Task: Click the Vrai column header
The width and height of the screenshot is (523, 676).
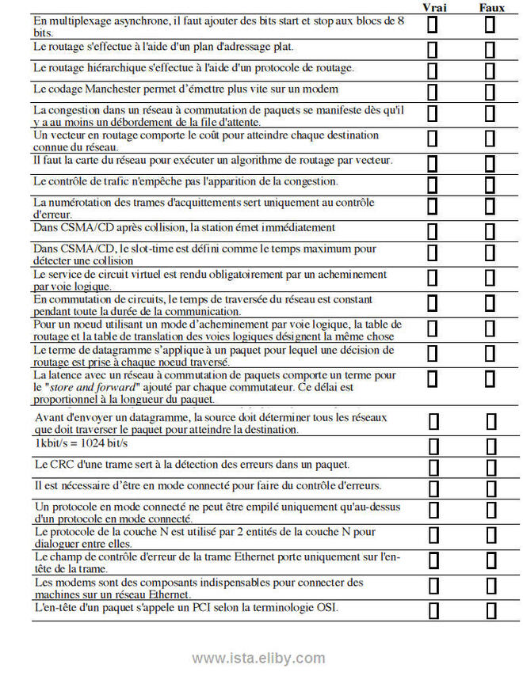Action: pos(433,7)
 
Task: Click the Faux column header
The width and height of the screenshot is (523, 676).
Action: pos(491,7)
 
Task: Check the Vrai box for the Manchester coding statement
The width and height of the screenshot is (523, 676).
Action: pos(433,92)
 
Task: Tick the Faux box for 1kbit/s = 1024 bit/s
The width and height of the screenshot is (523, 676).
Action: pos(491,445)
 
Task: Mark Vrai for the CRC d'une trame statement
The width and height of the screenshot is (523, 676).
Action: pos(433,465)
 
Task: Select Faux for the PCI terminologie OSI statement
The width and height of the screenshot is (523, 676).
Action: pos(491,610)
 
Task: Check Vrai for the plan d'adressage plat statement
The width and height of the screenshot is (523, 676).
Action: pos(433,50)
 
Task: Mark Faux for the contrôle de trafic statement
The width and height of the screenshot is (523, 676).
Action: pos(491,184)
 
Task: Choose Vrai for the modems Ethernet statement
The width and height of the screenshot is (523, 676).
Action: pos(433,586)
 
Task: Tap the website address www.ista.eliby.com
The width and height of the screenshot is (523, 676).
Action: pos(258,659)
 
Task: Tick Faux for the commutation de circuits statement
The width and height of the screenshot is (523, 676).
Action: pos(491,302)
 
